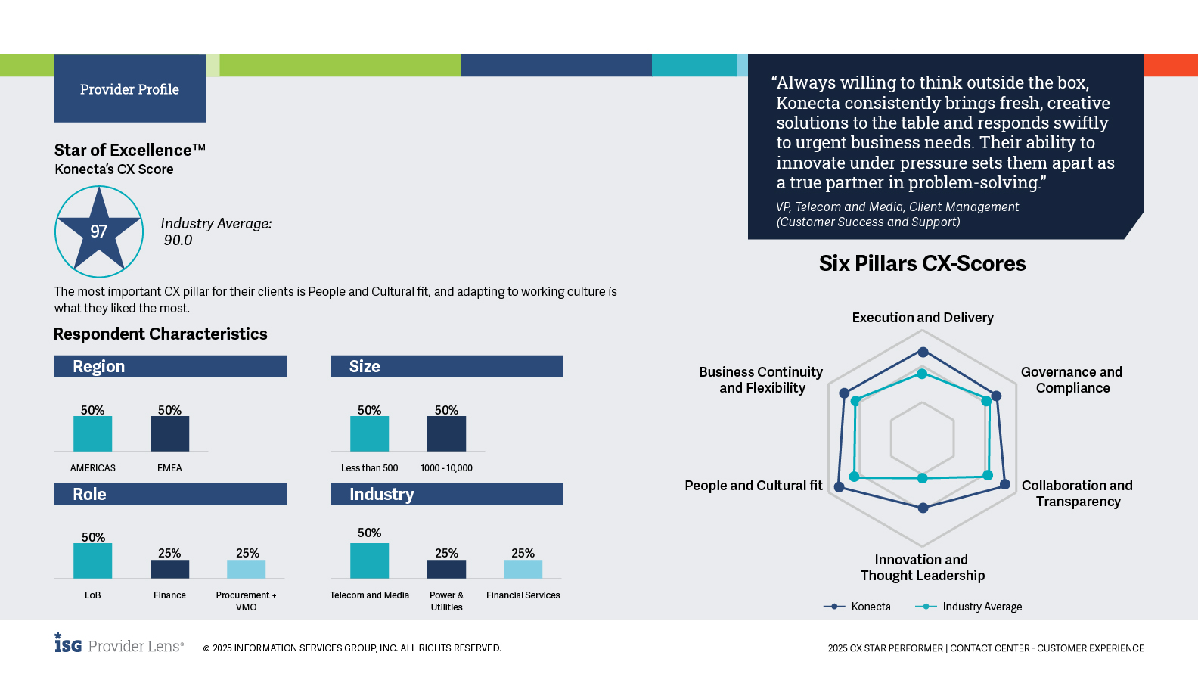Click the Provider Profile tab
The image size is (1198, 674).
point(129,89)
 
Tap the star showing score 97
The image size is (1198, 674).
point(99,231)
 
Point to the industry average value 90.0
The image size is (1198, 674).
point(178,241)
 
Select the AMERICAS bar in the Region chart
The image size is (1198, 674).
point(92,434)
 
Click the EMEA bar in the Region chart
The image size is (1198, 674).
point(169,434)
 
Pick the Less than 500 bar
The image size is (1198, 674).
point(369,434)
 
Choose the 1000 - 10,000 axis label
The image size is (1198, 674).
point(446,468)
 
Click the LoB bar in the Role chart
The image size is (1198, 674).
point(92,561)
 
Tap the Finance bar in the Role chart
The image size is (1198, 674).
point(169,570)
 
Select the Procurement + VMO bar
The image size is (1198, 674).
point(247,570)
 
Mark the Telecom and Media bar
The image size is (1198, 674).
point(369,561)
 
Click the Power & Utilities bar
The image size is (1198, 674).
point(446,570)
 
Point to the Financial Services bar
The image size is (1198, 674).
point(523,570)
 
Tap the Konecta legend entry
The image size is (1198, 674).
point(858,607)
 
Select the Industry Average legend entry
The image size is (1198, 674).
point(969,607)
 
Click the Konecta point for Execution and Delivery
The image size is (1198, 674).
point(923,352)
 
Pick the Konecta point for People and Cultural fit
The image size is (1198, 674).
point(839,486)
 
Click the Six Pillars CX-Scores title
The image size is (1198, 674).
point(922,263)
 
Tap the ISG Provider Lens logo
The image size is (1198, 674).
point(119,644)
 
